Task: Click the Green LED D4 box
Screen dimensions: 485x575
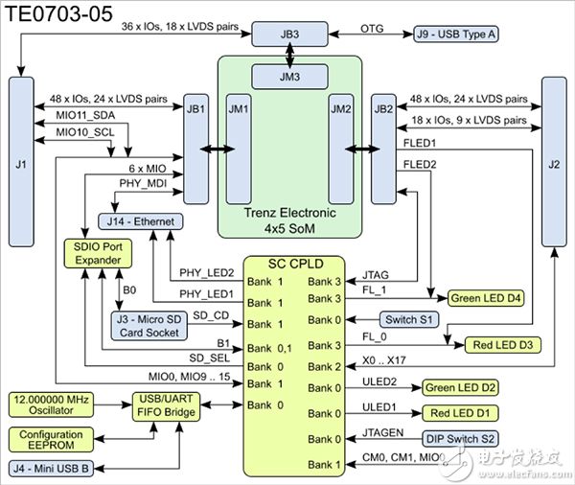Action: [485, 297]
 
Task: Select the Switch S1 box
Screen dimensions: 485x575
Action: [412, 319]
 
